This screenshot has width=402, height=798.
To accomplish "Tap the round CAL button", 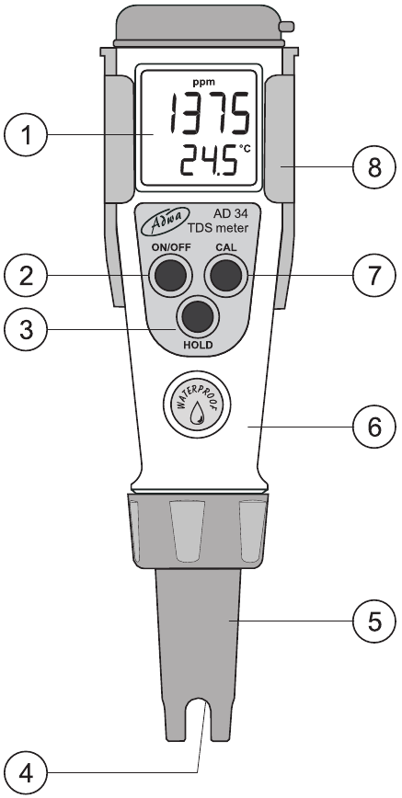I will pos(226,273).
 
